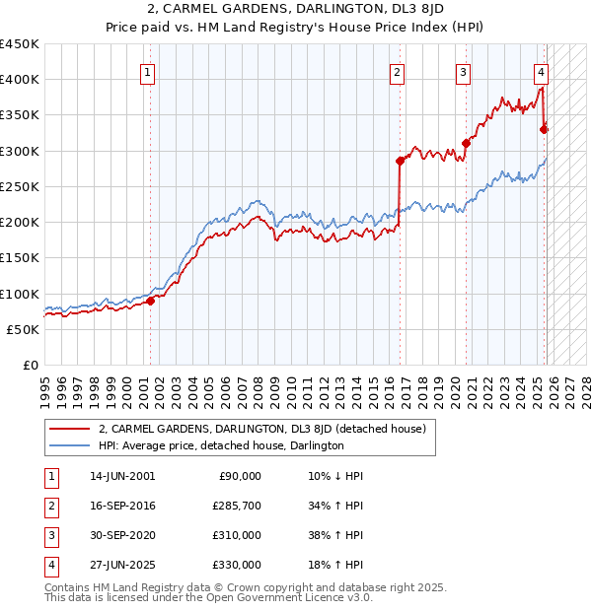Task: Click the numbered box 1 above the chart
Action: click(x=147, y=71)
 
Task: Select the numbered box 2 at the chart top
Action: click(x=397, y=71)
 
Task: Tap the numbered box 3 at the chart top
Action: click(x=463, y=71)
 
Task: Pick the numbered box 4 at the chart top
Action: click(x=542, y=71)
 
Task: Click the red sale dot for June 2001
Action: click(x=151, y=302)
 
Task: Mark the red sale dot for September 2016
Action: click(x=400, y=161)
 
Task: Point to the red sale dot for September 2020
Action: click(x=466, y=143)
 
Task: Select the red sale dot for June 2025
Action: click(x=544, y=128)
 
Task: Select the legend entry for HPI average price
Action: click(x=220, y=445)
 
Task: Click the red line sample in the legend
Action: click(x=70, y=429)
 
